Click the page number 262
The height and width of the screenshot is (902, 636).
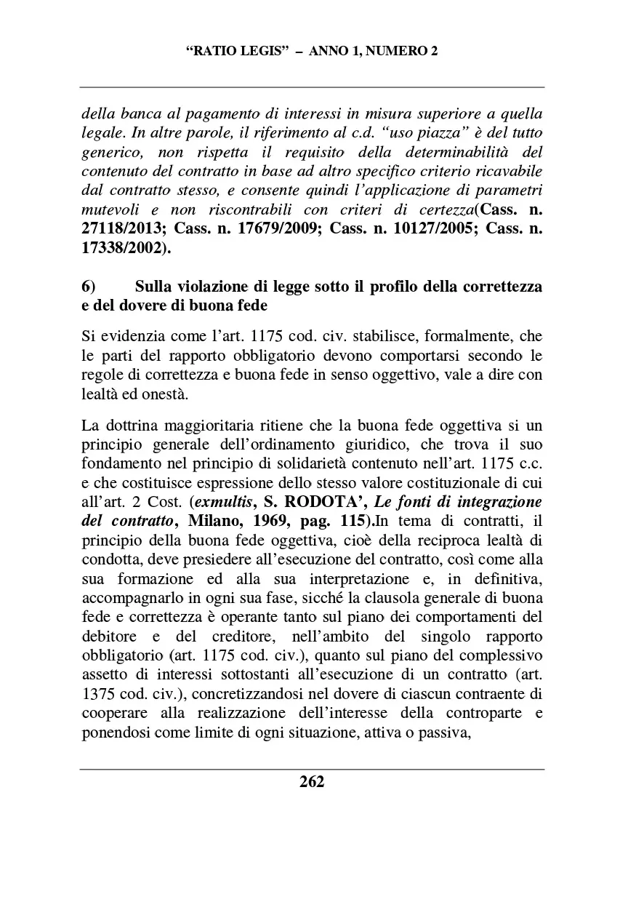tap(312, 782)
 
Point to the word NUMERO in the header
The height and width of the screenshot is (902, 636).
tap(390, 52)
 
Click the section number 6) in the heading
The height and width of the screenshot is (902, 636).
tap(91, 286)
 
